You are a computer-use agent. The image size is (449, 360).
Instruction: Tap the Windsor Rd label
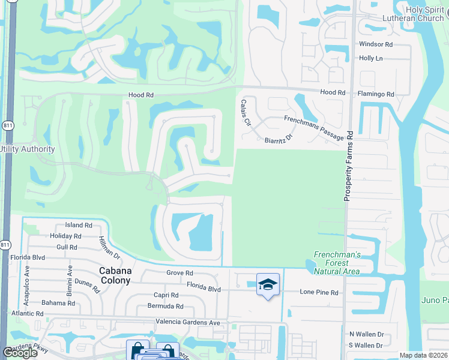(375, 44)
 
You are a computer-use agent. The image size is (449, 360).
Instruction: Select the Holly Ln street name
(370, 58)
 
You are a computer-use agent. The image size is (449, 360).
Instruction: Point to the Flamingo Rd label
(373, 94)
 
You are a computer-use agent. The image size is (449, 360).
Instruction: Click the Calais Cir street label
(245, 113)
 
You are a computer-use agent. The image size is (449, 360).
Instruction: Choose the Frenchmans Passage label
(314, 128)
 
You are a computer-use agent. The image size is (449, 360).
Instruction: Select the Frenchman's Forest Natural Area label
(337, 263)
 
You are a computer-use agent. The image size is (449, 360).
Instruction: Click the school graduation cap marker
(268, 284)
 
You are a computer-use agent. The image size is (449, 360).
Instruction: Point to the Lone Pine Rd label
(319, 292)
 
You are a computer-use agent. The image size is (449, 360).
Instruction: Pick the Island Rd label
(78, 226)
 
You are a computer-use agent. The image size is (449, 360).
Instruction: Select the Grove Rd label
(179, 272)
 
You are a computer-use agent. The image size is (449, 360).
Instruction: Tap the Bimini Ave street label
(70, 277)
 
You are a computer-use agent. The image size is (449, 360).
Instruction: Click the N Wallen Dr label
(366, 334)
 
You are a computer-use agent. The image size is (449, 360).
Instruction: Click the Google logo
(19, 353)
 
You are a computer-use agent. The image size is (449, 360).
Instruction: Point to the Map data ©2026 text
(423, 355)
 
